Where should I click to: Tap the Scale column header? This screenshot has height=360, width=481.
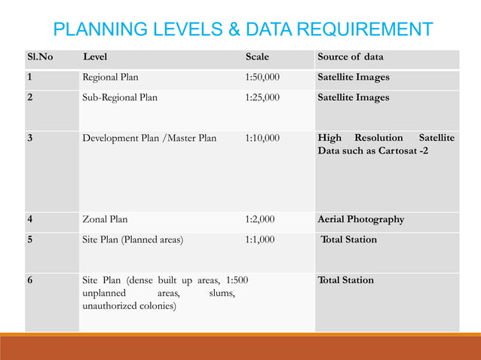[x=257, y=57]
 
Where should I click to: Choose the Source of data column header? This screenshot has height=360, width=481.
[x=351, y=57]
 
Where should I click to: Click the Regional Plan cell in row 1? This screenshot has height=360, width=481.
[x=110, y=78]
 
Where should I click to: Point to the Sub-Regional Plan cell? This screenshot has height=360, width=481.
[x=120, y=97]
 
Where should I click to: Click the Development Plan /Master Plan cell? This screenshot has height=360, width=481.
[x=149, y=139]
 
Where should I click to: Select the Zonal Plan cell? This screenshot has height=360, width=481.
[x=105, y=220]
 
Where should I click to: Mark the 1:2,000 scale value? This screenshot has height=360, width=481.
[x=260, y=220]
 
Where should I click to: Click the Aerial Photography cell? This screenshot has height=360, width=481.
[x=361, y=220]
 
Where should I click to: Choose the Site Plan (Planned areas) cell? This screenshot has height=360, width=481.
[x=133, y=239]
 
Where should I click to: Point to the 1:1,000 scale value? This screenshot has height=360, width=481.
[x=260, y=239]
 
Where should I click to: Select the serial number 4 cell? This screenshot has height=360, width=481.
[x=29, y=220]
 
